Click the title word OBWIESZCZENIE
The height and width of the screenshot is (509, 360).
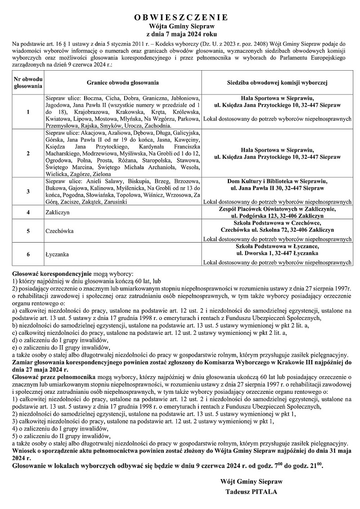181,18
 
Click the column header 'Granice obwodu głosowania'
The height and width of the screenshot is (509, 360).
123,83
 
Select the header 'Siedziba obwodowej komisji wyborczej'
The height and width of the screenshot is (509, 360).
277,83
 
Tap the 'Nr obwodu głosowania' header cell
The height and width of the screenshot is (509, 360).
28,83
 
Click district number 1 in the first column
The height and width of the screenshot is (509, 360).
28,112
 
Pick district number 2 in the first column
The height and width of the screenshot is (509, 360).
28,153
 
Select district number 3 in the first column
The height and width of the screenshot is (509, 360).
28,191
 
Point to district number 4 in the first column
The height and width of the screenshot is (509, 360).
28,212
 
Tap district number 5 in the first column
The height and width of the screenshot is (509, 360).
28,231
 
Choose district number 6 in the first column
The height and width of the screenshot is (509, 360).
28,254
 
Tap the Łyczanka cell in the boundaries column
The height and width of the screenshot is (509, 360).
58,254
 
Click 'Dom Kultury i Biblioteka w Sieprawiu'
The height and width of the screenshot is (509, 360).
277,181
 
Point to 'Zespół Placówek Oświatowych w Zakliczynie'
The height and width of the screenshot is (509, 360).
277,208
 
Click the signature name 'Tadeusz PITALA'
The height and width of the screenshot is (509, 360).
252,492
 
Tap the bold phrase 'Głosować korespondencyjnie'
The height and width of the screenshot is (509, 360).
52,273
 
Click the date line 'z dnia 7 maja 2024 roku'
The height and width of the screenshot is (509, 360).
181,34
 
